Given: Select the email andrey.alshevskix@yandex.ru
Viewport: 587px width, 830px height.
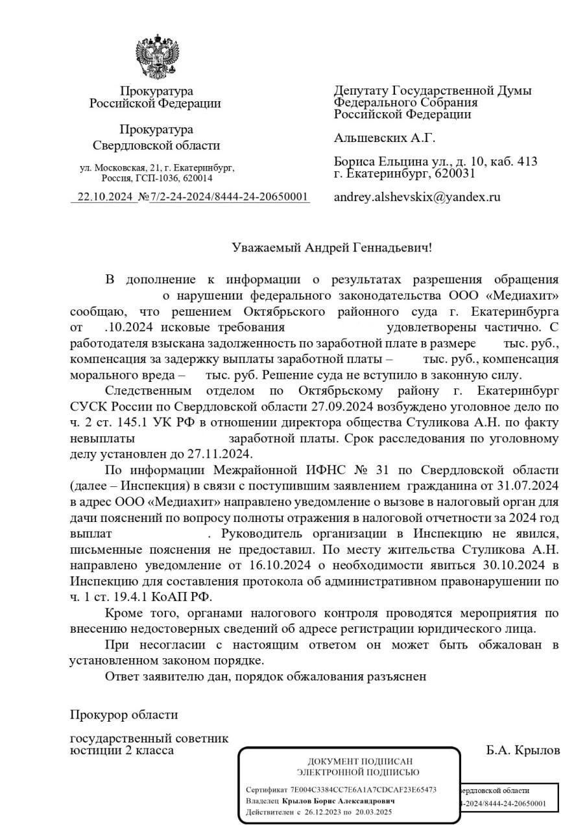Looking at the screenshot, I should coord(417,197).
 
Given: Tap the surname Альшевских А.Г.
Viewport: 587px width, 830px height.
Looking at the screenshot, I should coord(385,138).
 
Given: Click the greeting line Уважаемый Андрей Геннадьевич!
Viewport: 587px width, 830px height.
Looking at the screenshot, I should coord(331,247).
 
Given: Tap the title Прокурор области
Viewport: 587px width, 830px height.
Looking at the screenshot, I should coord(124,715).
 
